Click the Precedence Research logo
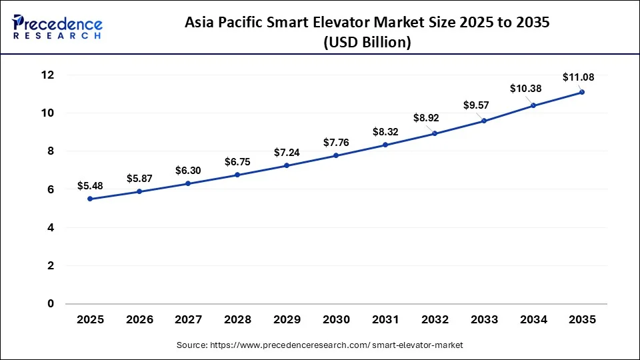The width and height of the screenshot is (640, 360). (x=57, y=27)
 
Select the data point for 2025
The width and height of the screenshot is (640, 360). (x=90, y=199)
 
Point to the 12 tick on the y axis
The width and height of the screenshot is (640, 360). (x=47, y=75)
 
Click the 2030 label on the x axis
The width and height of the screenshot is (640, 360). (x=336, y=320)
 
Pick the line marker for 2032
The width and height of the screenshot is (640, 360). (x=435, y=133)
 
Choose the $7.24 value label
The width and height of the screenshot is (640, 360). (x=287, y=153)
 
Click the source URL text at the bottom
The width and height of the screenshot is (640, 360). (x=320, y=345)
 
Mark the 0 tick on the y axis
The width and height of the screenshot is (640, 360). (x=51, y=304)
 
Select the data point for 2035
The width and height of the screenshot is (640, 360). (x=582, y=92)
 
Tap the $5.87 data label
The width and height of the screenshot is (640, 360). (x=139, y=179)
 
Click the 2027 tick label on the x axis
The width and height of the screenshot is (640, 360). (x=189, y=320)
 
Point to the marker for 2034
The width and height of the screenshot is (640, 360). (x=533, y=105)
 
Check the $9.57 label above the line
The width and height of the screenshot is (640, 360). (x=477, y=105)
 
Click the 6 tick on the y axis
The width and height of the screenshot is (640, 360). (x=51, y=190)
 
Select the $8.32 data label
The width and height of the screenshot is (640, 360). (x=385, y=132)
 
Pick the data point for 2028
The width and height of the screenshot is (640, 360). (x=238, y=175)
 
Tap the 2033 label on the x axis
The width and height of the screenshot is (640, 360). (x=484, y=320)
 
